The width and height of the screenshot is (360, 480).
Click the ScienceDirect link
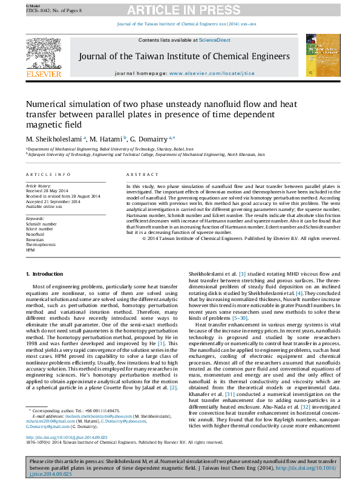click(215, 40)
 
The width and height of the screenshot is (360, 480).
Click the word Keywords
click(35, 218)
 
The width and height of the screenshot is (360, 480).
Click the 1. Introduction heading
click(44, 275)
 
